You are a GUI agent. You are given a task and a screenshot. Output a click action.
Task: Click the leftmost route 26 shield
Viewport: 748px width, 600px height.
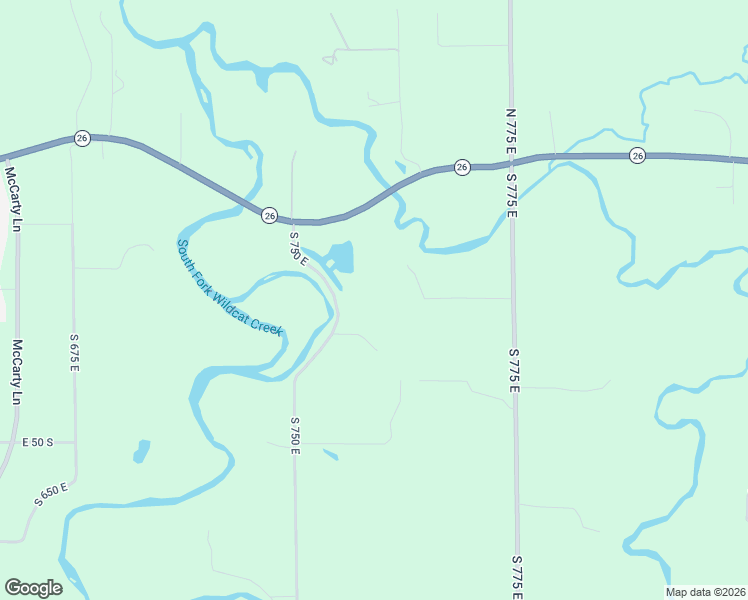pos(83,138)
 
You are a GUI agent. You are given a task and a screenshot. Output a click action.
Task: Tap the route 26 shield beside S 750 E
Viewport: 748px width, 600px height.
pos(269,215)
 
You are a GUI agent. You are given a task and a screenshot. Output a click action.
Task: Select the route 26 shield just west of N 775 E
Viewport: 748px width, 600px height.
pos(461,167)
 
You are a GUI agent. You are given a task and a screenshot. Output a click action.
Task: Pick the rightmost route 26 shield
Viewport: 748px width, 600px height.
pos(637,155)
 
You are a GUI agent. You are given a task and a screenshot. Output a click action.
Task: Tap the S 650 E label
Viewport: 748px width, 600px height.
pos(50,493)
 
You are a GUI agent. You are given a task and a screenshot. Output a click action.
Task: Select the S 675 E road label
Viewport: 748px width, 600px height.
pos(74,353)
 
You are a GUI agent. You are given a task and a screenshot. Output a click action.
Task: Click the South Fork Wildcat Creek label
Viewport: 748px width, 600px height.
pos(230,287)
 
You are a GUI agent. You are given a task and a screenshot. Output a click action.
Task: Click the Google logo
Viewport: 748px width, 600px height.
pos(33,588)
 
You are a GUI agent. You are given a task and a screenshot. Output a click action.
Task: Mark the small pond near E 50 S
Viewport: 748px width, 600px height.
pos(141,451)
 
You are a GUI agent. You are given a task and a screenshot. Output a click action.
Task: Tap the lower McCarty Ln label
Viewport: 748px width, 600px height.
pos(16,372)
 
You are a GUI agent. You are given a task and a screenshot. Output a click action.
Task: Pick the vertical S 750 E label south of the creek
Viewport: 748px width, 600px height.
pos(295,435)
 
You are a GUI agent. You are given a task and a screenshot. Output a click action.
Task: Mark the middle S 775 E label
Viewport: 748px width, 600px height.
pos(514,370)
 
